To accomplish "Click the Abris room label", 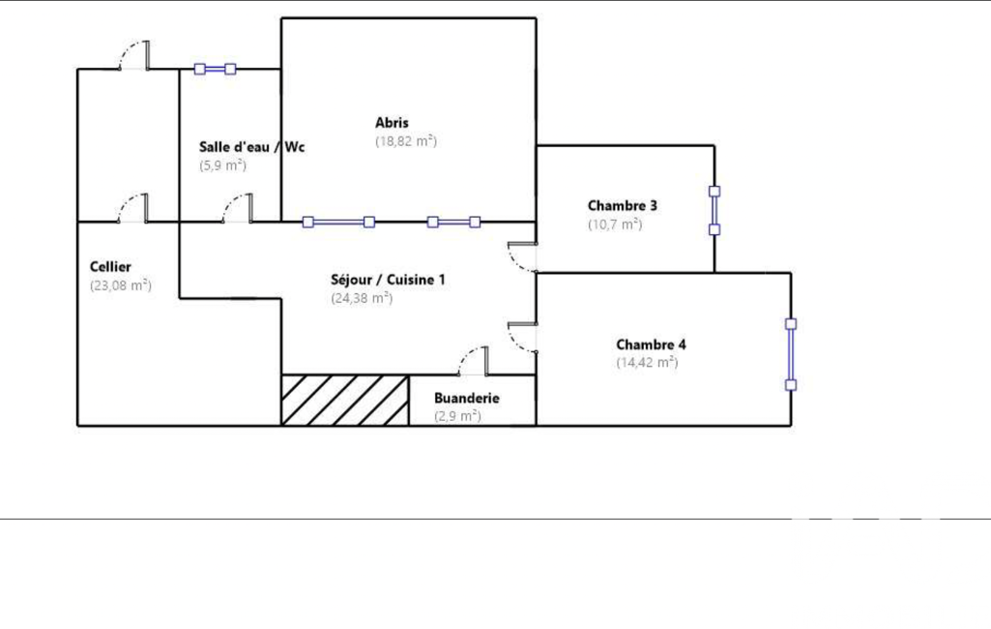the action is [392, 123].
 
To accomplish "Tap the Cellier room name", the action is [110, 267].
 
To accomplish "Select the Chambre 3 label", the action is [622, 206].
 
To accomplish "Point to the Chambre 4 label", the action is [651, 344].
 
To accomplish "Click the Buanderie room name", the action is [466, 398].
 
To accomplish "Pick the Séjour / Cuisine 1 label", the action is [388, 280].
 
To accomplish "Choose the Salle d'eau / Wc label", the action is [251, 147].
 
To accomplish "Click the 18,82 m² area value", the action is [406, 141].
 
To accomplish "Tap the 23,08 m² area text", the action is [121, 285].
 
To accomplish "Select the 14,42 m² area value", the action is [647, 363].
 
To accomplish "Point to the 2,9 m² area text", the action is [457, 416].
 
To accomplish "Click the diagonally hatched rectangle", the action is [345, 401].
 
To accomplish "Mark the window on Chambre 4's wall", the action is [791, 354].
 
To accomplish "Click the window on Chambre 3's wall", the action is [714, 211].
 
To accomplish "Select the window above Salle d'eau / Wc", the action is [215, 69].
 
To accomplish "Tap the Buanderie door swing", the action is [474, 361].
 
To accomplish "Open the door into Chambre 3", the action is [523, 256].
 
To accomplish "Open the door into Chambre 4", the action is [523, 338].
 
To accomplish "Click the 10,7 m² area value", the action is [615, 224].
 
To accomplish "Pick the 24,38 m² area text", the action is [362, 298].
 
